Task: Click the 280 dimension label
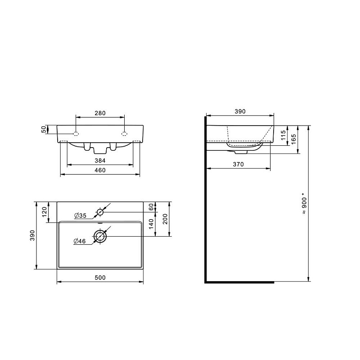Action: (100, 113)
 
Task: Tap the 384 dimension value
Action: (100, 161)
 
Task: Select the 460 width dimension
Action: (100, 170)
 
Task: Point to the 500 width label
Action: (100, 278)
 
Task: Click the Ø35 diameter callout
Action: (81, 216)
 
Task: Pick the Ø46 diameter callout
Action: (80, 241)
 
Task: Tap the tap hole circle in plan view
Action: (100, 212)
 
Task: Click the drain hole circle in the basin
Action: (100, 236)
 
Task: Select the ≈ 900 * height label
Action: (304, 206)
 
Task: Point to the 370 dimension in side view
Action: (238, 164)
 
